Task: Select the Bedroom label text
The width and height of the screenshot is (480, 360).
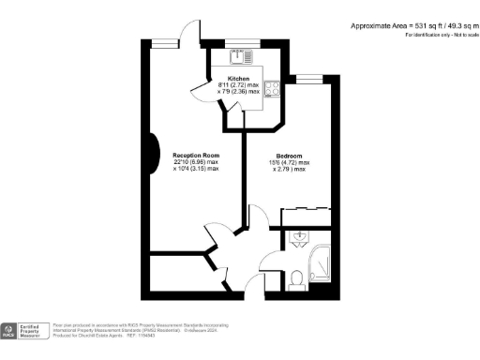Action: [289, 157]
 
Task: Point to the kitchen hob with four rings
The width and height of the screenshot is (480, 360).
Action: [271, 90]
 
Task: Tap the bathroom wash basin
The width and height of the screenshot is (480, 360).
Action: [299, 236]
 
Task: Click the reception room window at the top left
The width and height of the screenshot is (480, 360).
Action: [168, 39]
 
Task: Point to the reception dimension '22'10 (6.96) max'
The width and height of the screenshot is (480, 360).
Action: [196, 162]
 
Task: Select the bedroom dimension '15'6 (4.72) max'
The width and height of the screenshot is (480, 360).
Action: [289, 164]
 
